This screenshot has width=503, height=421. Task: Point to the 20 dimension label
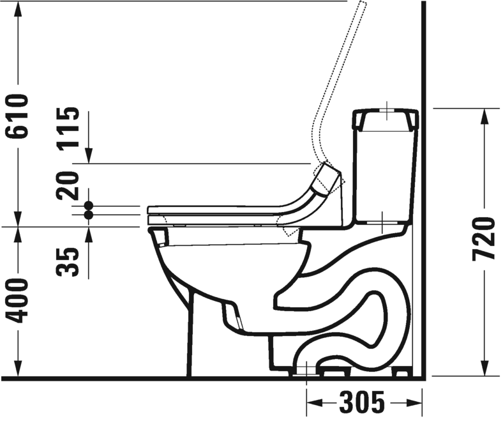click(68, 185)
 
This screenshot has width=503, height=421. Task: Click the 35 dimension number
click(68, 262)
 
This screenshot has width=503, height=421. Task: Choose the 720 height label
click(483, 238)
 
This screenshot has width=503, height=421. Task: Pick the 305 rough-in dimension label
click(362, 401)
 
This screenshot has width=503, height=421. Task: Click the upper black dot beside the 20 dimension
click(89, 206)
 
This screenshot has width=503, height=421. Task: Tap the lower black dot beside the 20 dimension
click(89, 215)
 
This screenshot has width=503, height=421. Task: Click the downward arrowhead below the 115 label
click(89, 155)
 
